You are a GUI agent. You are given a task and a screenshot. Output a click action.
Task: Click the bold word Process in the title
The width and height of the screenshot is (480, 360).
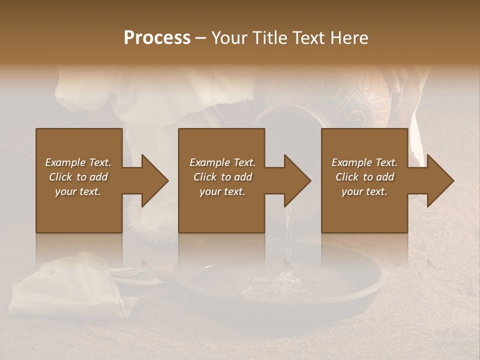tap(157, 38)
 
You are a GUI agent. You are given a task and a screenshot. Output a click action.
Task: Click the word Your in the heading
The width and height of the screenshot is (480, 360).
tap(228, 38)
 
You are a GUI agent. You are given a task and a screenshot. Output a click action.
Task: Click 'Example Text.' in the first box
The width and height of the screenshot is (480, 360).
tap(78, 162)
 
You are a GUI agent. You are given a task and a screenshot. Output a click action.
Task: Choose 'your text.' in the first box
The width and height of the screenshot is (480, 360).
tap(78, 191)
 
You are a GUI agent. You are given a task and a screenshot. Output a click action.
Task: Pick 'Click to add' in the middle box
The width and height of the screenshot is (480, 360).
tap(223, 177)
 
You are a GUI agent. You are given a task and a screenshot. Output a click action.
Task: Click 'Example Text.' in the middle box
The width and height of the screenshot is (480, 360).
tap(223, 162)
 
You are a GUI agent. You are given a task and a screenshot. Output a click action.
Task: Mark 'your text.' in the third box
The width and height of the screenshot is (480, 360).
tap(364, 191)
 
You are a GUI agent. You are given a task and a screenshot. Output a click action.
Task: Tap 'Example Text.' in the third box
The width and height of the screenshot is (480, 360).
tap(364, 162)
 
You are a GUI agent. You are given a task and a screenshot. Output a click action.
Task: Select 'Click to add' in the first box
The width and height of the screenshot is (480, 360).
tap(78, 177)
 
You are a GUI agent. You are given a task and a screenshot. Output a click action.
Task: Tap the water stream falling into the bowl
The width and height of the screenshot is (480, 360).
tap(287, 245)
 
